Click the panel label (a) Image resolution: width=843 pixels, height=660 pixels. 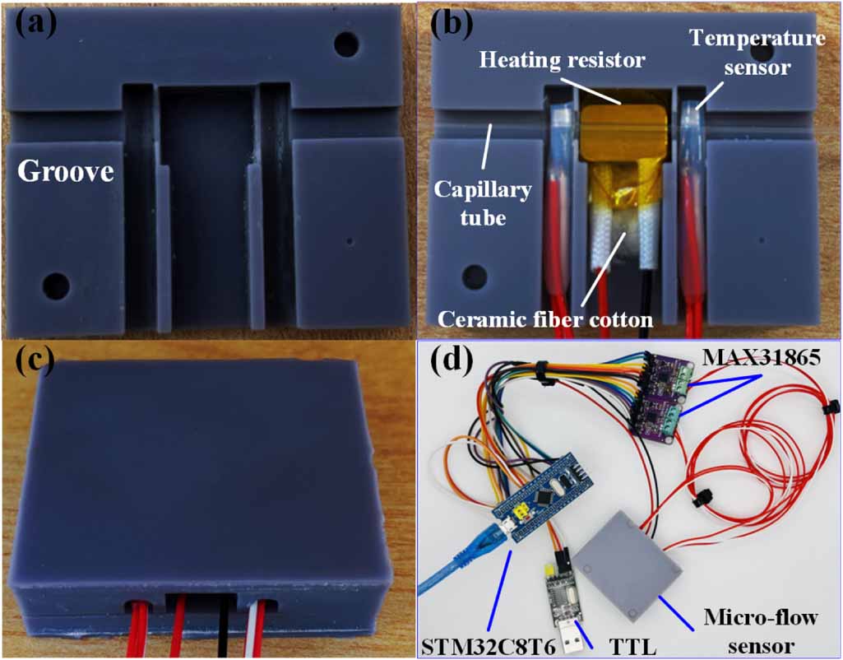35,24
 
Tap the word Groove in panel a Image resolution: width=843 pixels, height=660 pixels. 66,171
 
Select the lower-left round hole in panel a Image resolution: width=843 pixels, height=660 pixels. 57,286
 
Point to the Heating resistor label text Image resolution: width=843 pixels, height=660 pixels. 561,59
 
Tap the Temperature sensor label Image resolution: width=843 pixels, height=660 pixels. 757,52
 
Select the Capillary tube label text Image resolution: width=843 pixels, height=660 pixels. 482,203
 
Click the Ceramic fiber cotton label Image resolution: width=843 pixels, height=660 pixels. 545,319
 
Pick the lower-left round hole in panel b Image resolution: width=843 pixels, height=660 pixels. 475,276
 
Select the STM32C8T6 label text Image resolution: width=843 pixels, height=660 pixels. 489,647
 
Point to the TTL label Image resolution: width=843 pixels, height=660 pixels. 632,647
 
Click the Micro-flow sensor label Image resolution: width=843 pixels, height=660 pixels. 761,631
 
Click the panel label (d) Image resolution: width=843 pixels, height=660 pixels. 452,360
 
